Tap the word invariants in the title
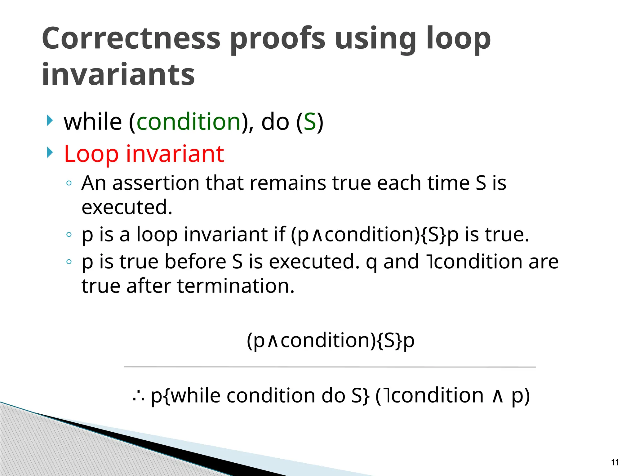click(118, 75)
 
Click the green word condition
click(189, 121)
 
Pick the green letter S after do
click(309, 121)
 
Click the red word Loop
click(91, 154)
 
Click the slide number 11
click(615, 462)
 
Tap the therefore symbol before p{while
click(138, 396)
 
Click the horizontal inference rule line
click(330, 367)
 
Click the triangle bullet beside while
click(50, 121)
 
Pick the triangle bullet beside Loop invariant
click(50, 152)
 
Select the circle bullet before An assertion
click(69, 183)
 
